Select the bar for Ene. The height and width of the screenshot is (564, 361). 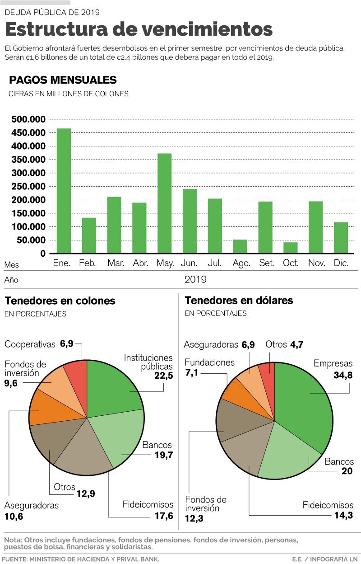tap(64, 191)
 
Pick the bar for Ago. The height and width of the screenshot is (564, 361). tap(240, 246)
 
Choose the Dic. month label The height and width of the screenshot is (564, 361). tap(341, 263)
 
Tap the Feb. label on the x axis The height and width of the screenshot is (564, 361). tap(88, 263)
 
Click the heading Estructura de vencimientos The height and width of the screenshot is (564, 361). tap(139, 29)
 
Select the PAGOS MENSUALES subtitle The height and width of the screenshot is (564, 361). tap(63, 80)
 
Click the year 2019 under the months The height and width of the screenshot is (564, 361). tap(195, 279)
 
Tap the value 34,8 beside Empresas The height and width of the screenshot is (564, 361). tap(343, 375)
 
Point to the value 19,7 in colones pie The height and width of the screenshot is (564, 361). tap(163, 455)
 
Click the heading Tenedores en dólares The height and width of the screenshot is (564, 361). tap(239, 300)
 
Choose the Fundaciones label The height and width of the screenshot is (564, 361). tap(209, 362)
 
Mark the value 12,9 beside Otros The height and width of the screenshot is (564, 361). tap(86, 493)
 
